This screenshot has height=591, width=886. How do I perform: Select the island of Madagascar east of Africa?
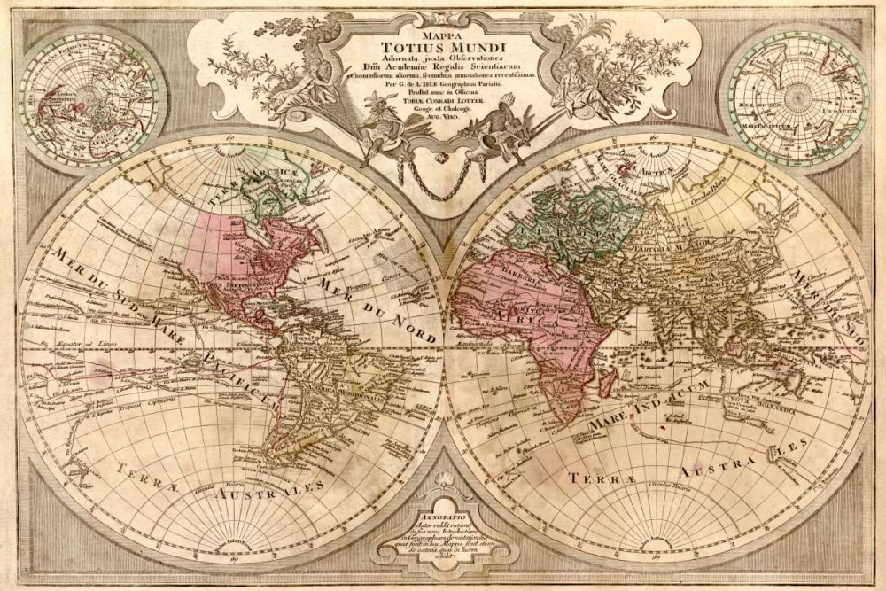tap(608, 381)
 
